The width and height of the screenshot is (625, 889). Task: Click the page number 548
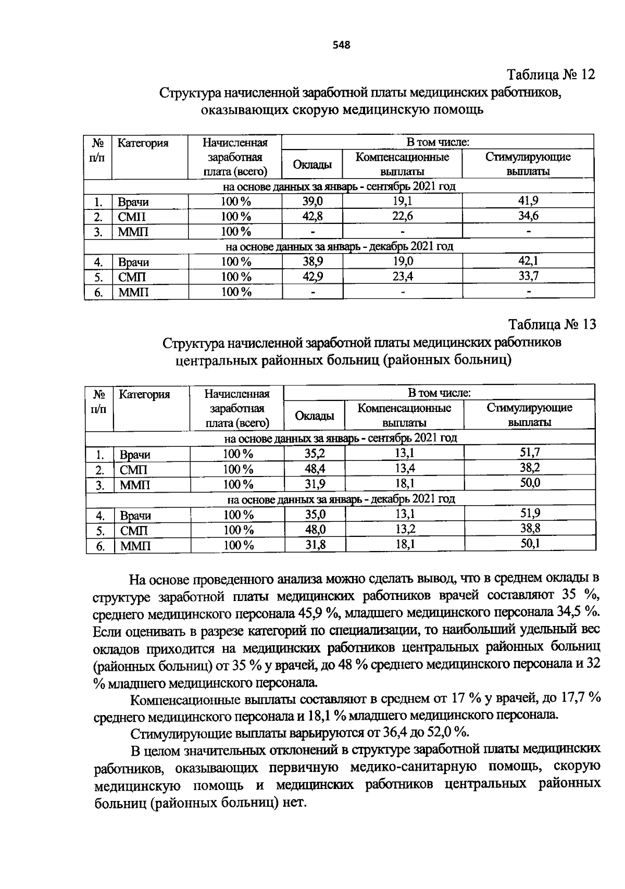tap(342, 45)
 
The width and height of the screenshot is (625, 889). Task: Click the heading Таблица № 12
tap(551, 74)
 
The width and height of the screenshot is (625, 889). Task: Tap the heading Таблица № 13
tap(552, 324)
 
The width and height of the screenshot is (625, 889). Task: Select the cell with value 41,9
tap(528, 201)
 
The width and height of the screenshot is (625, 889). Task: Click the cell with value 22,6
tap(402, 216)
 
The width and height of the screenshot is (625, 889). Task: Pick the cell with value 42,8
tap(312, 216)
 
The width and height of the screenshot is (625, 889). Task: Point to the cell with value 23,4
tap(403, 277)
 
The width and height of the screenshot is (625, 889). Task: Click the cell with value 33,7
tap(528, 276)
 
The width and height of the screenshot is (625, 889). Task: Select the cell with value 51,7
tap(530, 453)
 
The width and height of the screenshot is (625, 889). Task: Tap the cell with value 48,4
tap(315, 468)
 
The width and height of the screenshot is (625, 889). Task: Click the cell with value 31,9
tap(315, 484)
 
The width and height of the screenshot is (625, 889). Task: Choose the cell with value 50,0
tap(530, 483)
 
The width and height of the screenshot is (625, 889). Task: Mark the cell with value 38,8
tap(530, 529)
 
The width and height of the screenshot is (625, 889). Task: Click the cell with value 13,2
tap(404, 529)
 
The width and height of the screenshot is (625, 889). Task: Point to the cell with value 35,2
tap(315, 453)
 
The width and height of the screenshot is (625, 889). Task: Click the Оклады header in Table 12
tap(312, 165)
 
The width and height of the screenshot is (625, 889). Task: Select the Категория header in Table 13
tap(144, 394)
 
